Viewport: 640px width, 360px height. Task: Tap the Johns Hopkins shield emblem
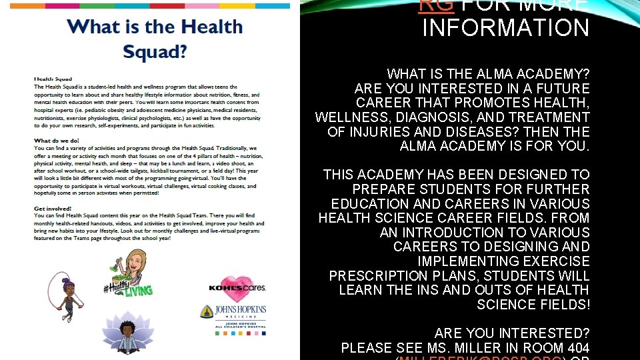pyautogui.click(x=207, y=311)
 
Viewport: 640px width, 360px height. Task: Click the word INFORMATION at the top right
pyautogui.click(x=506, y=29)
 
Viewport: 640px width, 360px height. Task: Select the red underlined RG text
pyautogui.click(x=435, y=5)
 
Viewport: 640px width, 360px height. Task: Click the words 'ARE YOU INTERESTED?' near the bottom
pyautogui.click(x=512, y=333)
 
